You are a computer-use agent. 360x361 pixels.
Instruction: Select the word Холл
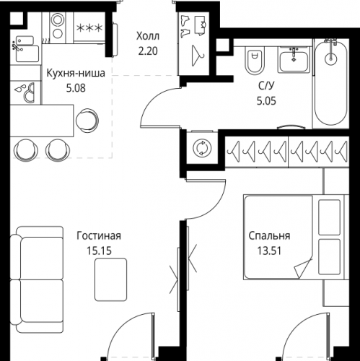coord(149,35)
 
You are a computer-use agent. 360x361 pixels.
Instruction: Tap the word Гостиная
coord(97,236)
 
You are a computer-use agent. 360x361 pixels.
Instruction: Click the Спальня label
coord(269,236)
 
